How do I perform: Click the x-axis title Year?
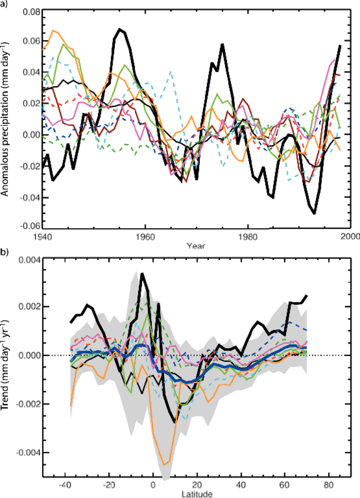[x=195, y=245]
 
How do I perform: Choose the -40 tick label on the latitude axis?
[x=65, y=485]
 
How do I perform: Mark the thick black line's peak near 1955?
[x=119, y=29]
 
